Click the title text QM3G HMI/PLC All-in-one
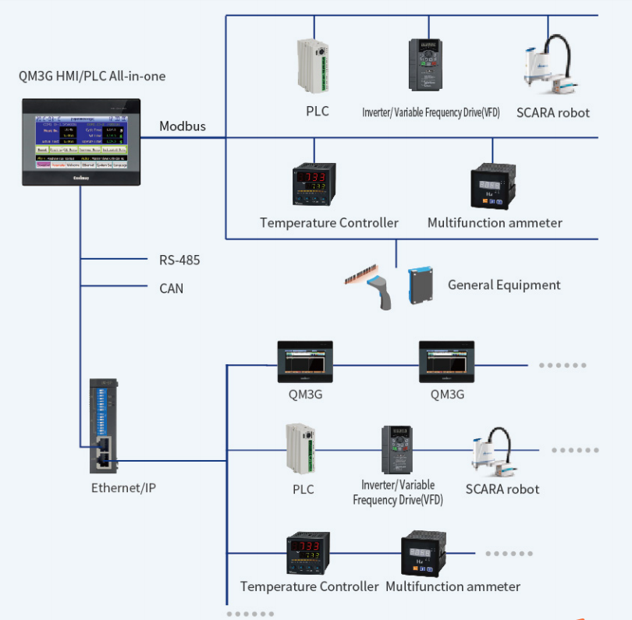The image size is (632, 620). pos(92,76)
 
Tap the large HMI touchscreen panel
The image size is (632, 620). pos(81,142)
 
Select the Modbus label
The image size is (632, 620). pos(183,126)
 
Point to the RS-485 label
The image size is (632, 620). pos(179,260)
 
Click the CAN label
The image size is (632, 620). pos(171,288)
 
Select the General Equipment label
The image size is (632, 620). pos(504,285)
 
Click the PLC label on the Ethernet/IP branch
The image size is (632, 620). pos(304,489)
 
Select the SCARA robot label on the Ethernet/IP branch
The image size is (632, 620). pos(502,489)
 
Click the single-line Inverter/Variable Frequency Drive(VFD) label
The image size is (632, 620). pos(431,112)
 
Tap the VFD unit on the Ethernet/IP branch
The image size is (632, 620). pos(396,450)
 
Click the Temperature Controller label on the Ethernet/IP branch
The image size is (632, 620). pos(310,586)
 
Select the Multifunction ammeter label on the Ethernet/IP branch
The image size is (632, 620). pos(453,586)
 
